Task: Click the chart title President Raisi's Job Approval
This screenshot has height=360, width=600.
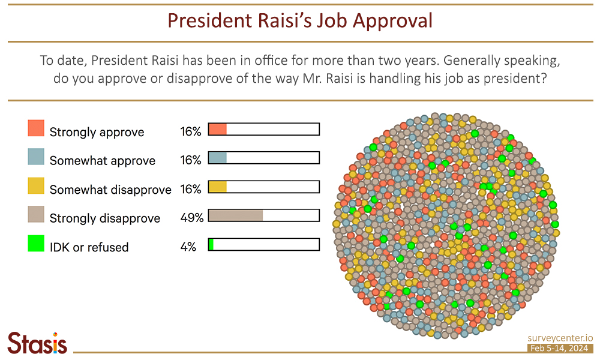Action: (299, 20)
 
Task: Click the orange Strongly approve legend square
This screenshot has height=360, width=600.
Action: (36, 128)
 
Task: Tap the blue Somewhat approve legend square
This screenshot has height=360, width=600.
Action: (36, 157)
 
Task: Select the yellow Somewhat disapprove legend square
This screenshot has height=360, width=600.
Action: (36, 186)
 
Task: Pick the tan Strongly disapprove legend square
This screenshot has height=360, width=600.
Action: (36, 215)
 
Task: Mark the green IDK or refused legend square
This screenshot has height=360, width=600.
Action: (36, 244)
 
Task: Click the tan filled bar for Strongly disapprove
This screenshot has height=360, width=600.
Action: (235, 215)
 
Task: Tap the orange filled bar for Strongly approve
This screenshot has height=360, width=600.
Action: (217, 129)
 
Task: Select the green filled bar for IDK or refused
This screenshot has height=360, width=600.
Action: (211, 244)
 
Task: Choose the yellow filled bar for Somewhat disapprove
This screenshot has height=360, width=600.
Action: (217, 187)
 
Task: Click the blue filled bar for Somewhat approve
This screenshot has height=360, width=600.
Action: (217, 158)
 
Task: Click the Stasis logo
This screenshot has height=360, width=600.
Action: (37, 343)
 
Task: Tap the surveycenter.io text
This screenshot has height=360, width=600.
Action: (560, 338)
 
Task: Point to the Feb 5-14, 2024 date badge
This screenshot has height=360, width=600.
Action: (560, 349)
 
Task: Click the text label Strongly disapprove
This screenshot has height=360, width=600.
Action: (105, 218)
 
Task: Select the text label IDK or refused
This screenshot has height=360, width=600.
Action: (89, 247)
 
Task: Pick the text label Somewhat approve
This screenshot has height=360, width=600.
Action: (103, 160)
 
